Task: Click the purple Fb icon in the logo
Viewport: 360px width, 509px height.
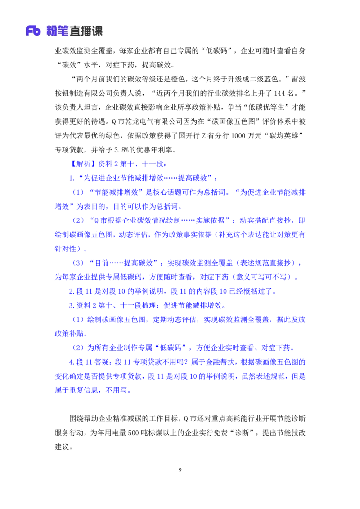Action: coord(33,31)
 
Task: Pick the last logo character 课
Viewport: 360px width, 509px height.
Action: coord(98,31)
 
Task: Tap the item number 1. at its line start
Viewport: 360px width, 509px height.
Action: coord(71,178)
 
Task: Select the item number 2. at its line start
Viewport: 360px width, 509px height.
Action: coord(71,291)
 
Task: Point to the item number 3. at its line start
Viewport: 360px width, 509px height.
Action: coord(71,306)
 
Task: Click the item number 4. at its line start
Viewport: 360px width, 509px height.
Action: coord(71,362)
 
